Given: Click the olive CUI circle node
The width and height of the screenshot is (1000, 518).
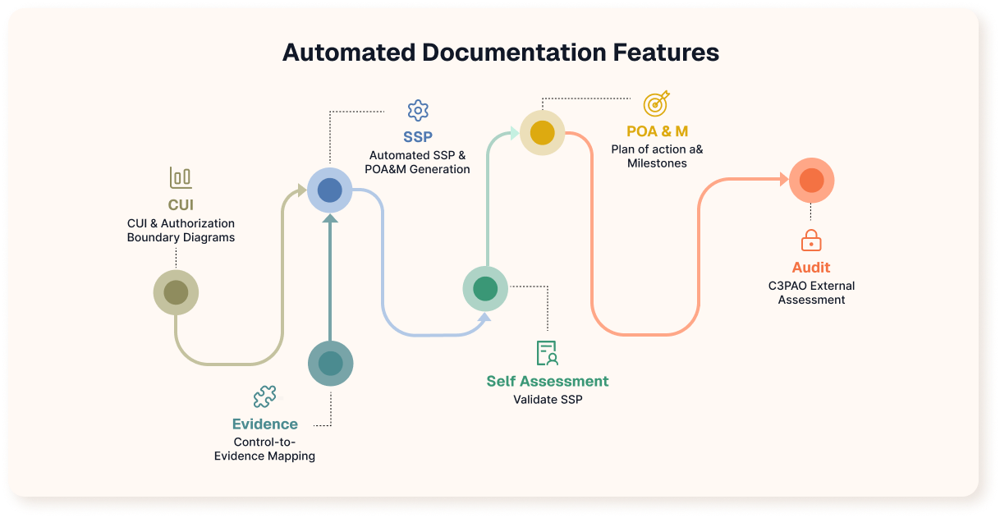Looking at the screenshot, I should click(176, 292).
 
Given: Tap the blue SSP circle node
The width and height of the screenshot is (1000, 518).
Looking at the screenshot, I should click(330, 190).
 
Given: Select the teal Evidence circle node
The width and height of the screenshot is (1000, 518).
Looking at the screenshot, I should click(330, 363).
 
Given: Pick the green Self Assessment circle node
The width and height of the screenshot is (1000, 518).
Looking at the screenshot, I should click(485, 289).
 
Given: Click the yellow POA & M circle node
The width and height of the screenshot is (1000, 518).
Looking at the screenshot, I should click(542, 131).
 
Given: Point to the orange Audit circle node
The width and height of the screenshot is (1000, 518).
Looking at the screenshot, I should click(811, 181).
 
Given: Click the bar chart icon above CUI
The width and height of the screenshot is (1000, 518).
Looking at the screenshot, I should click(181, 177).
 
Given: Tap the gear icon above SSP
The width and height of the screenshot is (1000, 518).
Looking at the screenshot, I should click(418, 111).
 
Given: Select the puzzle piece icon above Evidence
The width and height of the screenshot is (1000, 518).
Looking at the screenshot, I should click(264, 397).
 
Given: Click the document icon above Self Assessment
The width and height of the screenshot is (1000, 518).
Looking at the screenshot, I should click(547, 353).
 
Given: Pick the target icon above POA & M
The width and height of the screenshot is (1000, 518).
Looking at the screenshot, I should click(656, 103).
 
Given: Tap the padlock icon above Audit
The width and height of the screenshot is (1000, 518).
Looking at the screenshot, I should click(811, 241).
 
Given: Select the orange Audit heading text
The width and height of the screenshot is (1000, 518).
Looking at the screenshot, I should click(811, 268).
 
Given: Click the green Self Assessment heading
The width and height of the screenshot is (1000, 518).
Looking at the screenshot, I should click(548, 381).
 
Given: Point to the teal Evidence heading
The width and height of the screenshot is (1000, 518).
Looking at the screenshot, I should click(264, 424).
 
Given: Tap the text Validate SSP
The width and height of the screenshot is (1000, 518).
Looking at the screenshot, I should click(548, 400).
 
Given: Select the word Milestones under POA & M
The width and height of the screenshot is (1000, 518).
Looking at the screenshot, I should click(657, 163).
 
